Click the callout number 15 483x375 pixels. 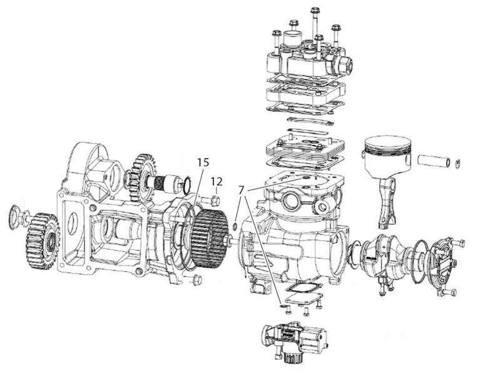pos(203,162)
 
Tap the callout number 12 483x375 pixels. pos(216,181)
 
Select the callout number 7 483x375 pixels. pos(241,190)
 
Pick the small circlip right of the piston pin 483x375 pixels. pos(458,164)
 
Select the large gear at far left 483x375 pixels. pos(43,241)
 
